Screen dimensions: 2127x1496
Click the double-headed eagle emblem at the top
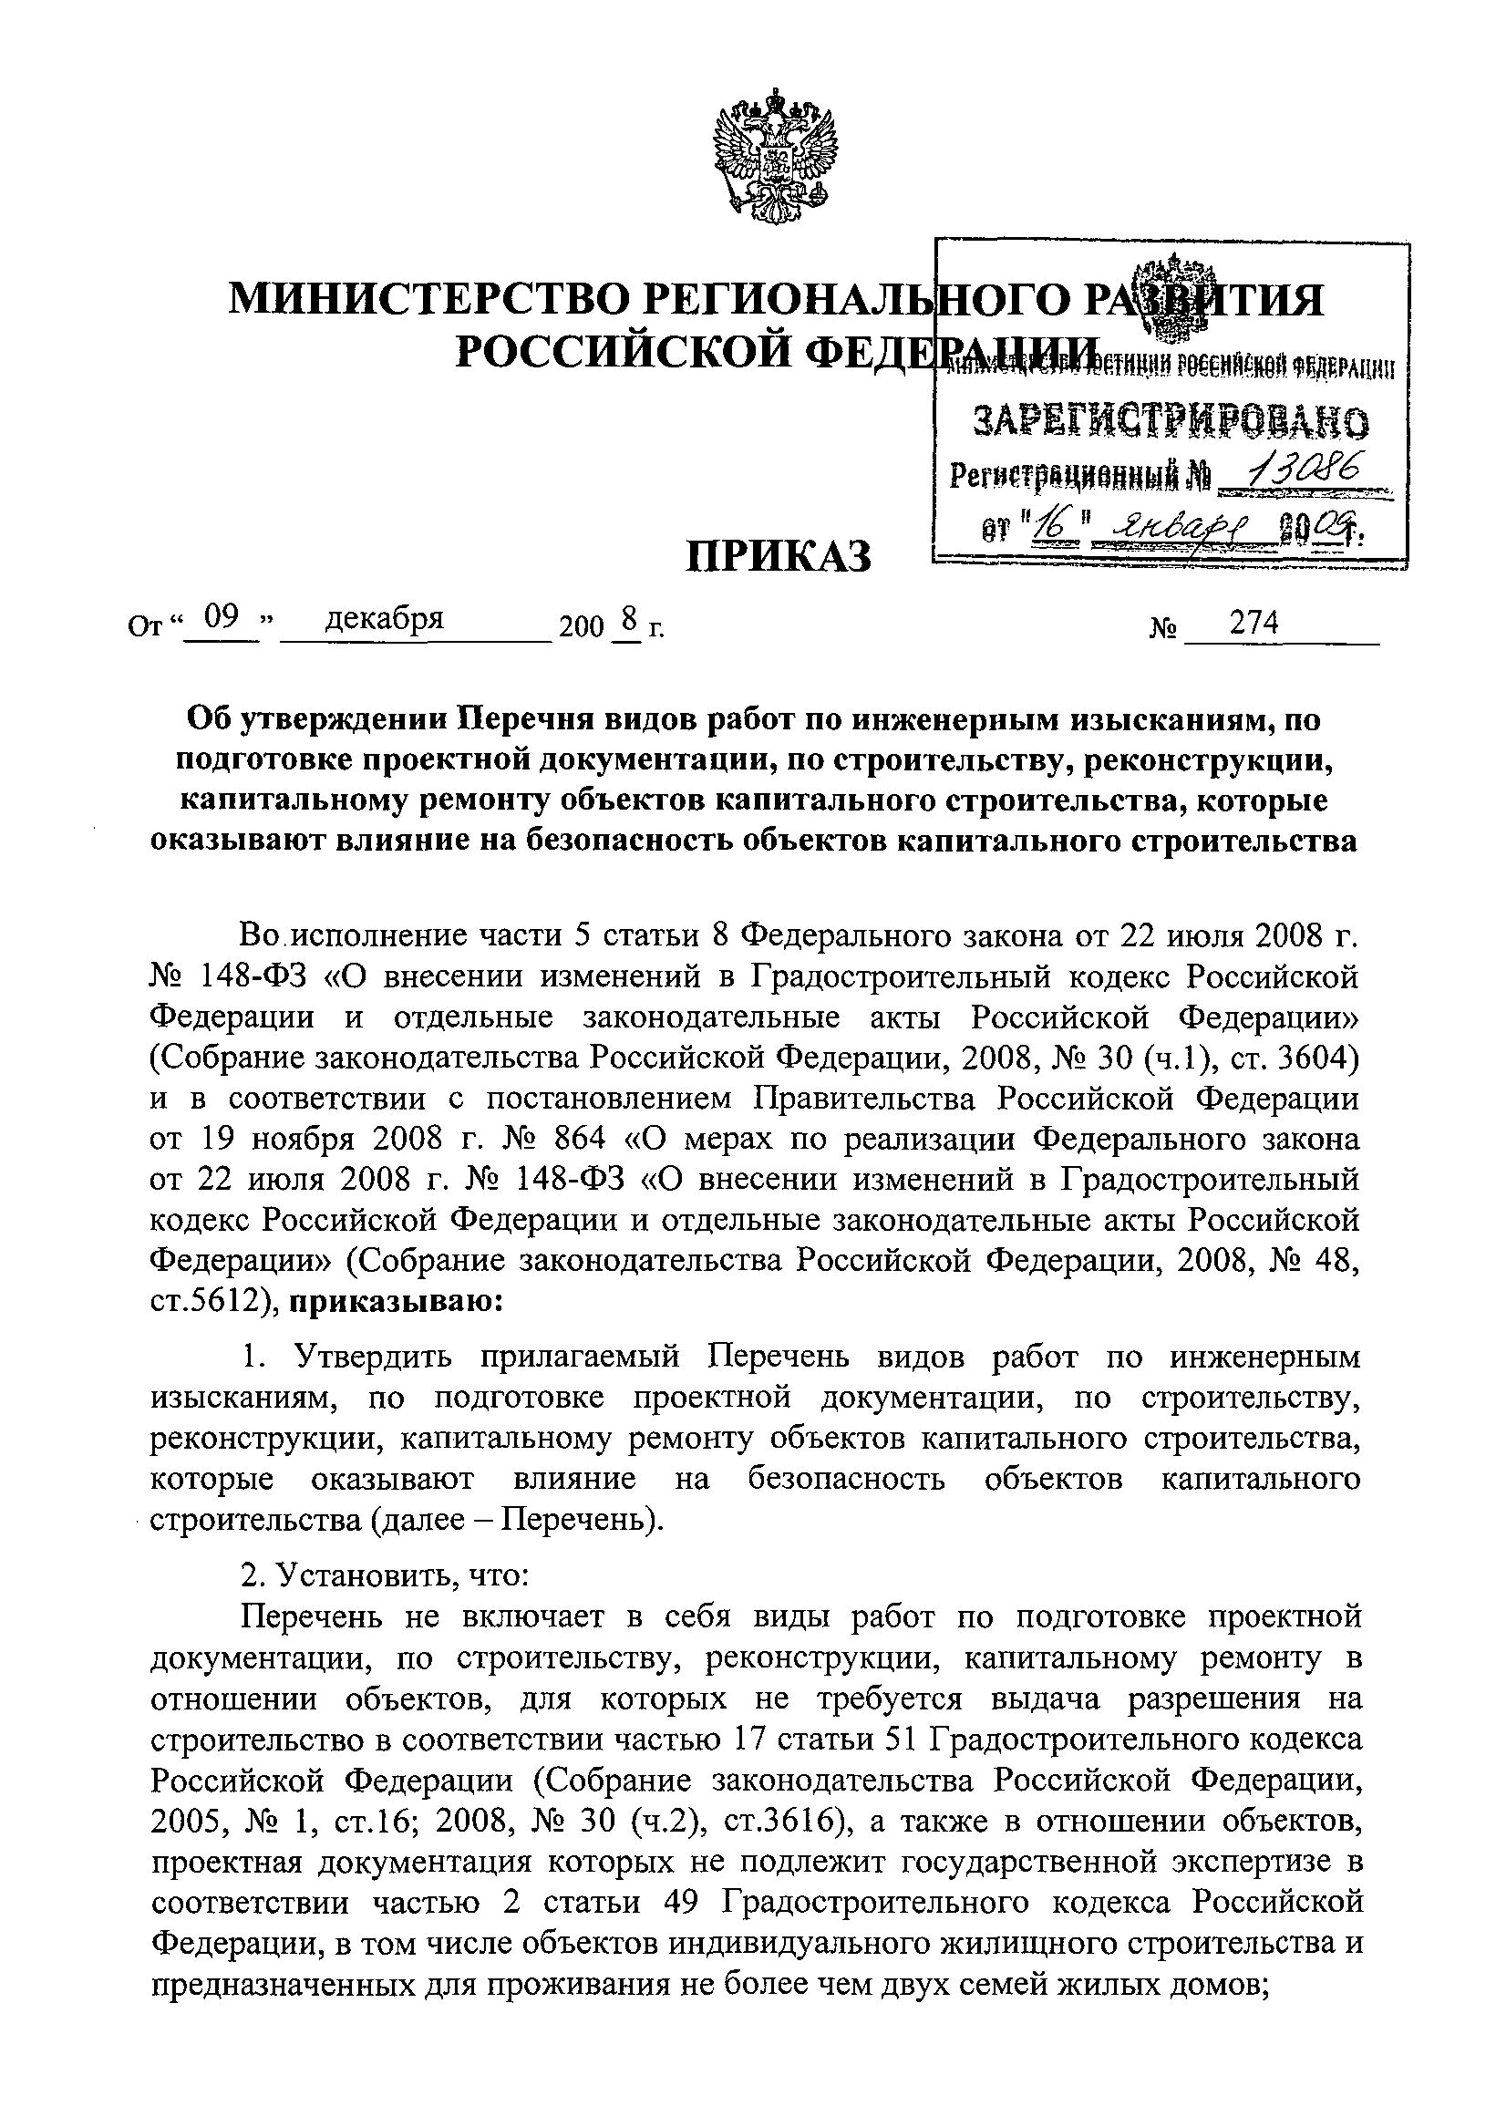(774, 150)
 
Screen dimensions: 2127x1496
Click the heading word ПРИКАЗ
(779, 555)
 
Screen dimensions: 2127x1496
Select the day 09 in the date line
(222, 618)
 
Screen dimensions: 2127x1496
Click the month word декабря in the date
(385, 618)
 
